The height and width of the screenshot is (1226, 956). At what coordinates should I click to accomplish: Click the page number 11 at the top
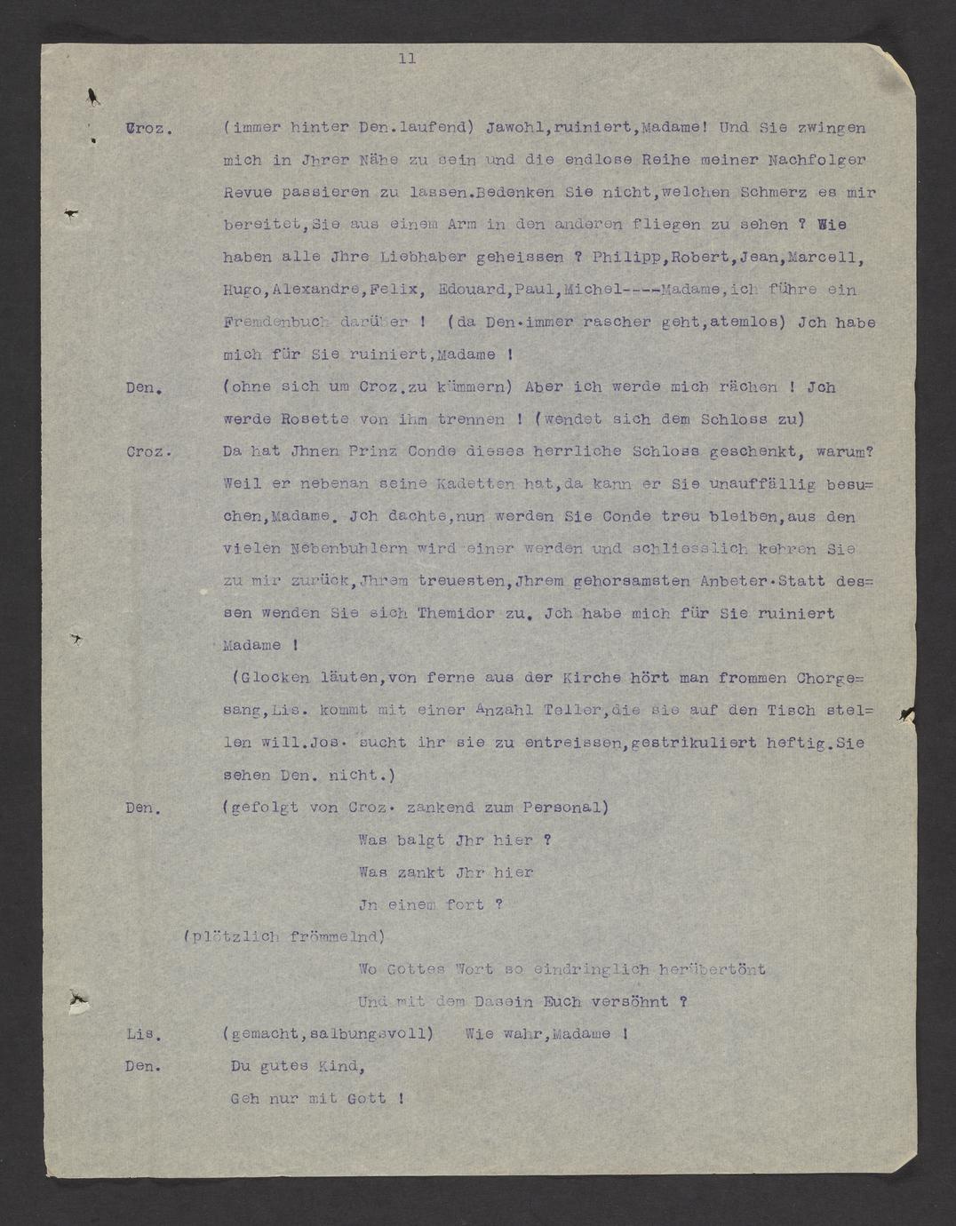point(407,60)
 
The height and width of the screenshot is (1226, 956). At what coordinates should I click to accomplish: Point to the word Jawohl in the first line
point(514,128)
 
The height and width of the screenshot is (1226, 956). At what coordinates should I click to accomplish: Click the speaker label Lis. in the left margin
point(143,1035)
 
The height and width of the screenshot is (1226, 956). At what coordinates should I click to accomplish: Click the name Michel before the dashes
point(594,291)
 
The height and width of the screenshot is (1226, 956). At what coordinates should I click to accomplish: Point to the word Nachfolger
point(821,161)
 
